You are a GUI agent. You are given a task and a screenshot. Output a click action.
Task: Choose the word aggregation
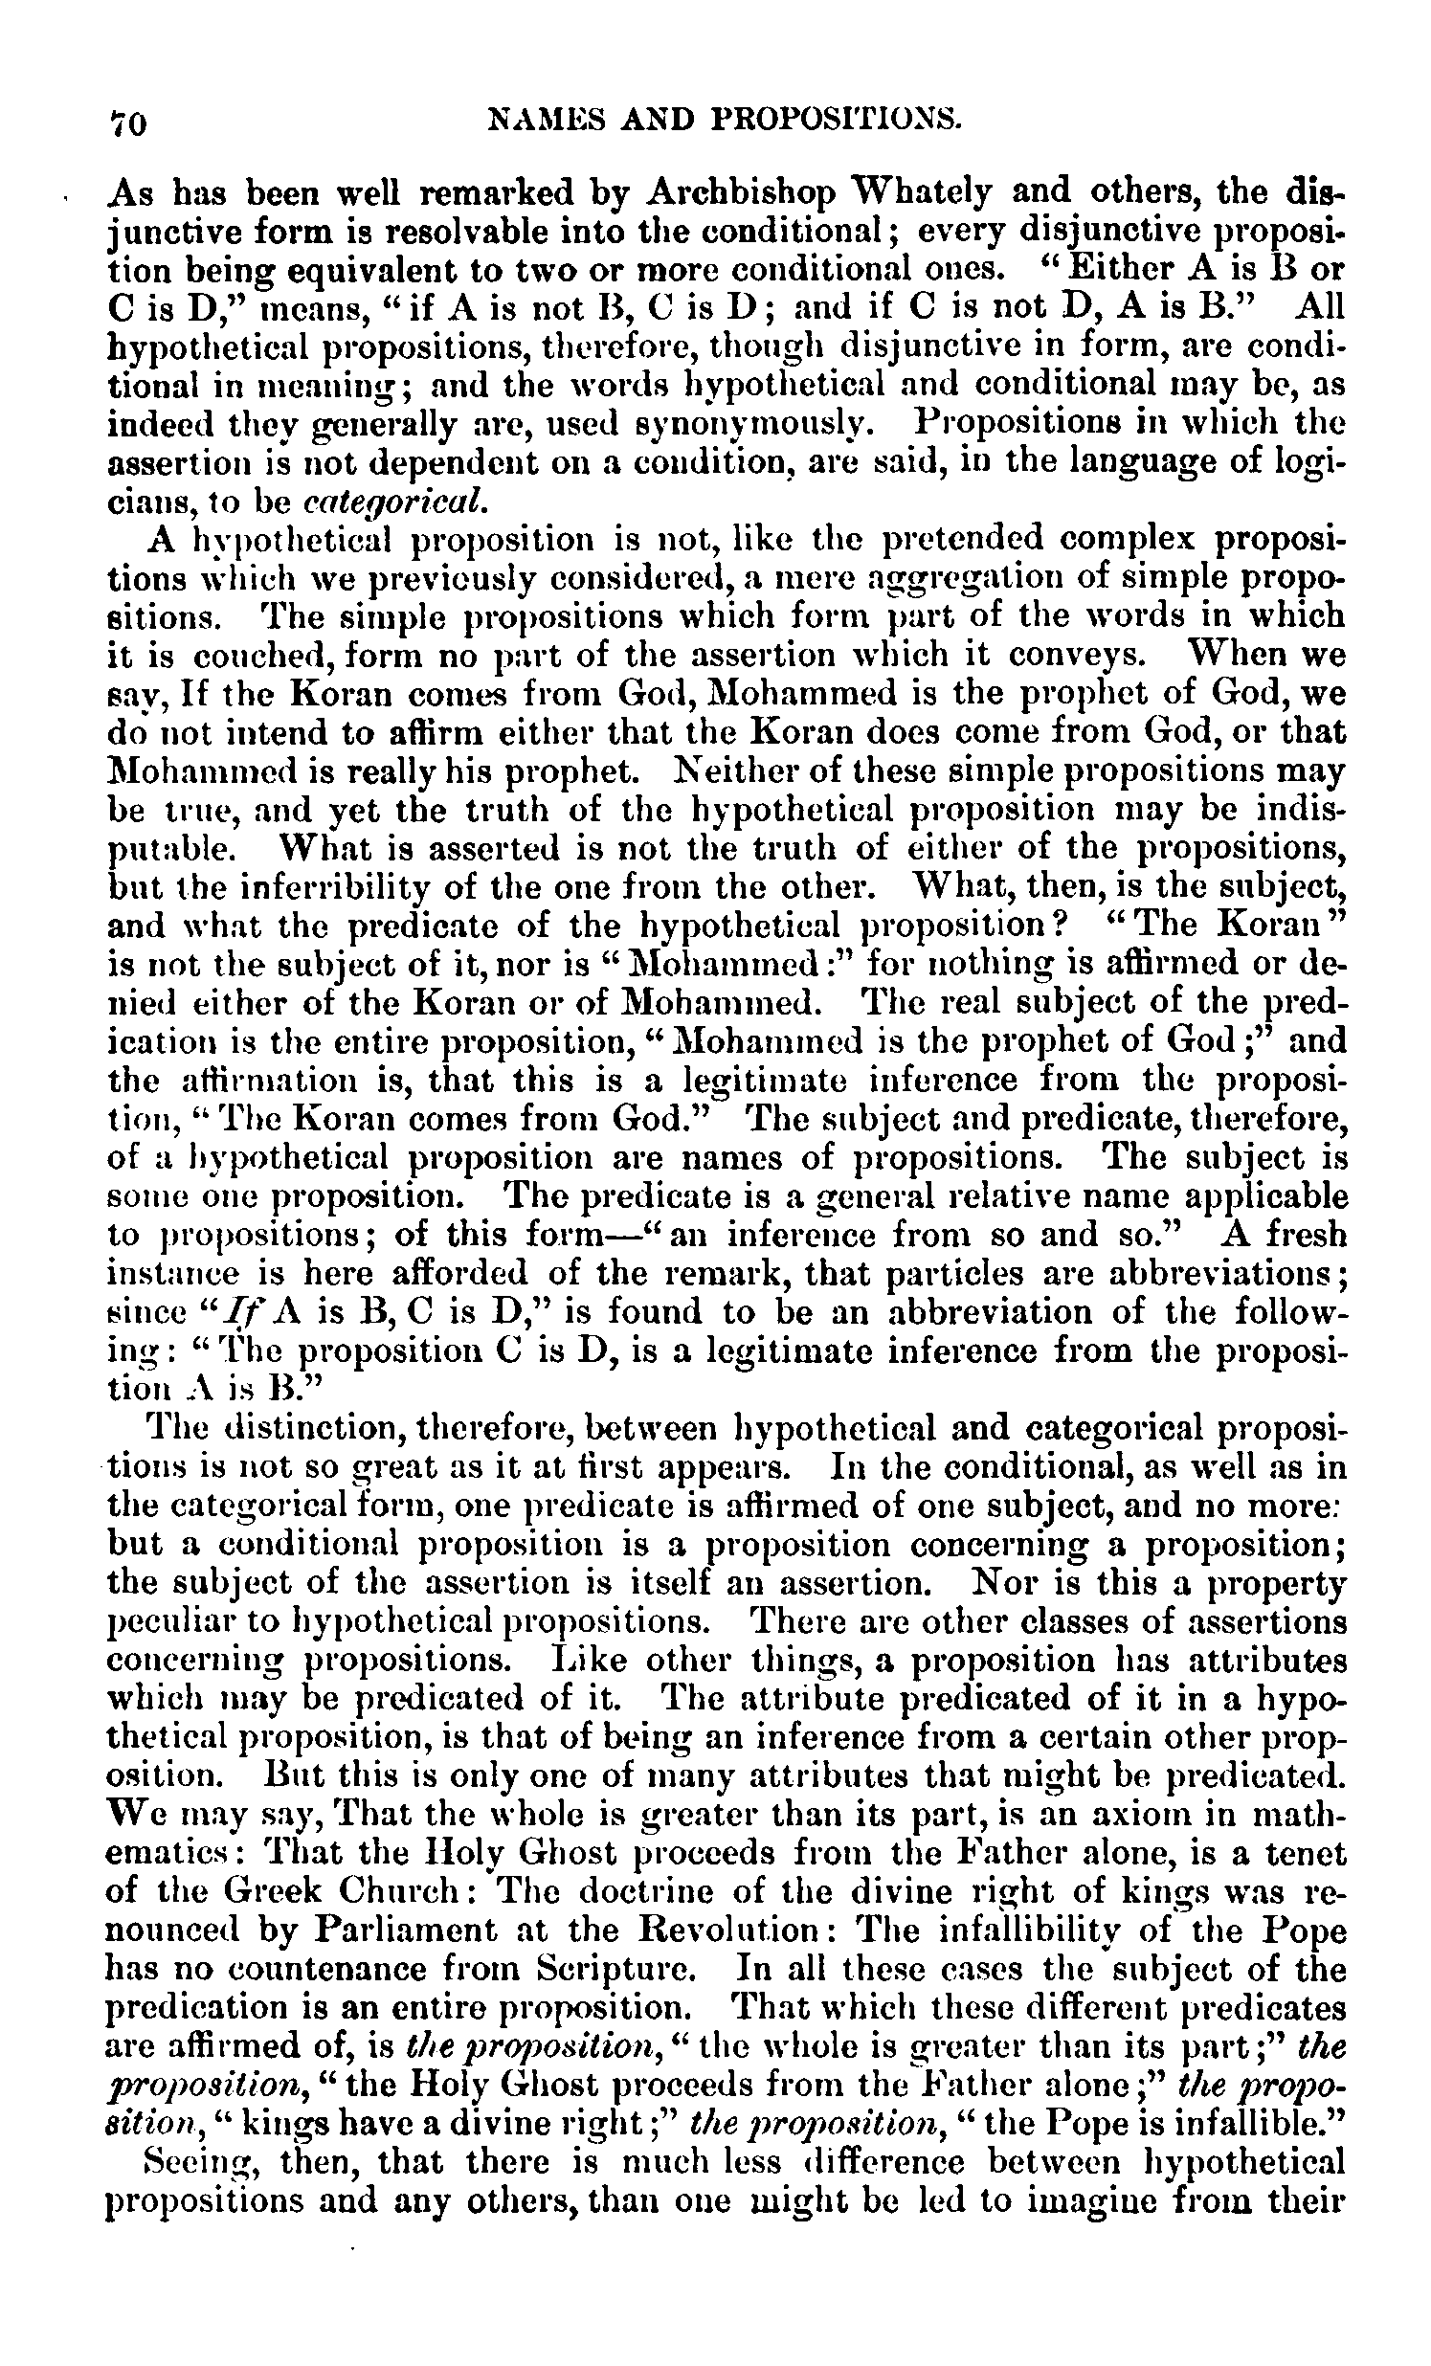point(964,578)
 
